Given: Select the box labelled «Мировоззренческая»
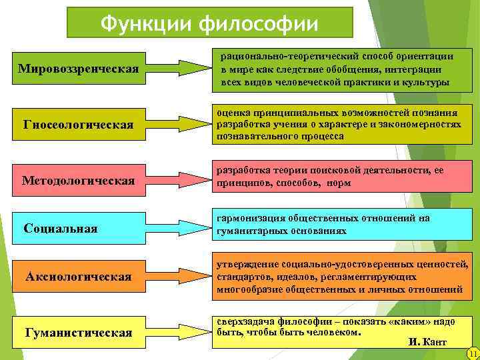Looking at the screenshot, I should coord(78,68).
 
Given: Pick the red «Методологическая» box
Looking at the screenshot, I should coord(78,180).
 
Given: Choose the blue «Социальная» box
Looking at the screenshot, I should coord(78,228).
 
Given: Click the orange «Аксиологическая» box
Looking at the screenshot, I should coord(78,276).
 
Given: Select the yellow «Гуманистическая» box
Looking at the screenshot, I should coord(78,332).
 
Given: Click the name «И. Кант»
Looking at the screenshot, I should coord(427,341).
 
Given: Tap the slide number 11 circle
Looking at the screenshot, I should coord(473,353).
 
